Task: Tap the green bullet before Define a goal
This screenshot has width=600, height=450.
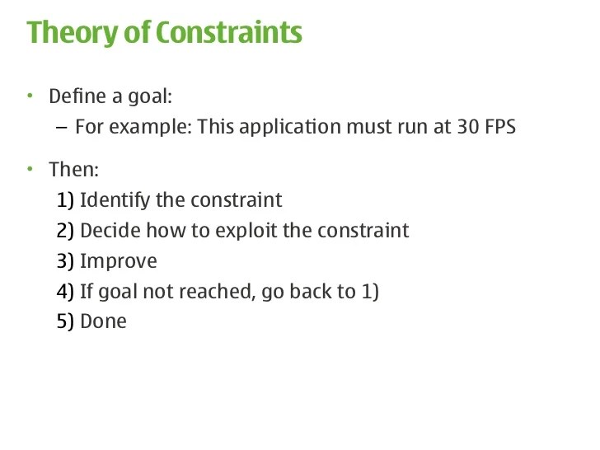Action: pyautogui.click(x=30, y=96)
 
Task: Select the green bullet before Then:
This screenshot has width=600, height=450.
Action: pyautogui.click(x=30, y=169)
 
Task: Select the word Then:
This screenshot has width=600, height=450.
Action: pyautogui.click(x=73, y=170)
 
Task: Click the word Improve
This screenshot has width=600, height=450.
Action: pyautogui.click(x=118, y=261)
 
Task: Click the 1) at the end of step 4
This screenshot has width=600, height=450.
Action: pyautogui.click(x=368, y=292)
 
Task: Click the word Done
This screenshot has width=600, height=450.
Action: pyautogui.click(x=103, y=321)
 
